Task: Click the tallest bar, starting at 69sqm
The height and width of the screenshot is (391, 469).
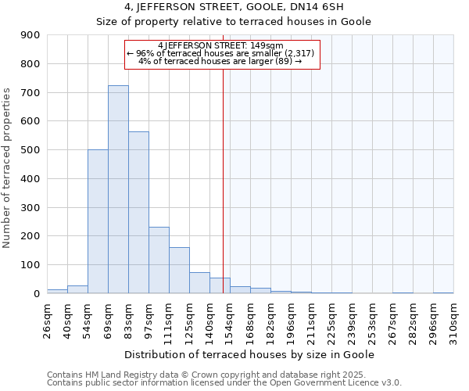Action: [x=118, y=189]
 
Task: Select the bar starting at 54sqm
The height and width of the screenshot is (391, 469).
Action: [x=98, y=221]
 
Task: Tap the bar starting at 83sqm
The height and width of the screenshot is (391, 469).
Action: [x=138, y=212]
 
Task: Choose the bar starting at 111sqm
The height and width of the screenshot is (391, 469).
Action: [x=179, y=270]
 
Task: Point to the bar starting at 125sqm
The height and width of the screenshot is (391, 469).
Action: [x=199, y=282]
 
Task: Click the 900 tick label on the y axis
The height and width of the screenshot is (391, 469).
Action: [x=30, y=35]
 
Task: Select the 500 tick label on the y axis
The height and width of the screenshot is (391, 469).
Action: [x=30, y=150]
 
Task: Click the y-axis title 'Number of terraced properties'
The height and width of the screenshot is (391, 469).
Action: [x=8, y=168]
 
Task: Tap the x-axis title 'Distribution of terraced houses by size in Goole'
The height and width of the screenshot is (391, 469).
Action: [x=250, y=354]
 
